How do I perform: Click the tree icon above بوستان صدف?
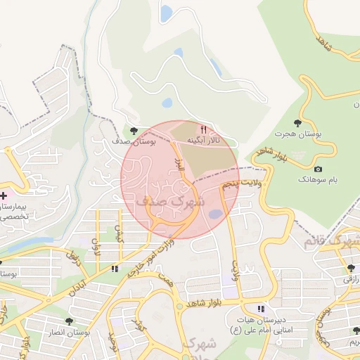click(134, 130)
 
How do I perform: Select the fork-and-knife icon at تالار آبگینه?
click(204, 129)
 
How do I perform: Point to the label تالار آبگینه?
click(203, 141)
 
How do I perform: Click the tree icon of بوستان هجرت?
click(297, 123)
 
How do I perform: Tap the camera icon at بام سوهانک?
click(319, 169)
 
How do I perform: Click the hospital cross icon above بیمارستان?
click(3, 195)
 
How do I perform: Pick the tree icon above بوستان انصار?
click(68, 321)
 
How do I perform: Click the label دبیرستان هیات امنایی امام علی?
click(259, 324)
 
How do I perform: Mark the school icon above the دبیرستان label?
click(261, 308)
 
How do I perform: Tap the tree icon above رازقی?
click(351, 268)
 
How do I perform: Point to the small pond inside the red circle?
click(215, 214)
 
